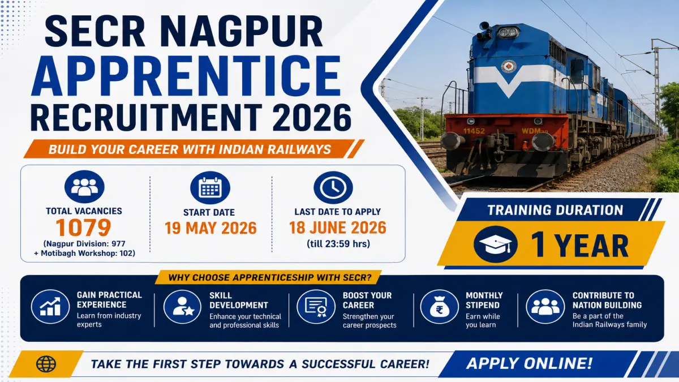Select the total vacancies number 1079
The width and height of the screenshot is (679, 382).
tap(83, 228)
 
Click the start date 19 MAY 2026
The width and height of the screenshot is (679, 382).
tap(210, 228)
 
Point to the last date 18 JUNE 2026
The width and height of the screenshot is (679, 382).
tap(338, 228)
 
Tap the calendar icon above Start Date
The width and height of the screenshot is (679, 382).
tap(210, 188)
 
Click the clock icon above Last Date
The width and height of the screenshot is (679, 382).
tap(333, 187)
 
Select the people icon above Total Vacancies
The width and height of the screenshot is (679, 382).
tap(84, 186)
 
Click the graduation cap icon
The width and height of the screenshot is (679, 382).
tap(495, 244)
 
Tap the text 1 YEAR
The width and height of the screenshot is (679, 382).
tap(579, 245)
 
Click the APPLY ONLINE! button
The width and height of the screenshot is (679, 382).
tap(529, 363)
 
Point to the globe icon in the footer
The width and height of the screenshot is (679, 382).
tap(46, 364)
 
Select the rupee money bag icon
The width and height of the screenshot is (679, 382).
tap(439, 307)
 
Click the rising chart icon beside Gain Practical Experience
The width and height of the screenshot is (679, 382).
tap(50, 307)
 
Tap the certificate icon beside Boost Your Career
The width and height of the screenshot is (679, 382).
tap(316, 307)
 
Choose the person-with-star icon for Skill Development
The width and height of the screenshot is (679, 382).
tap(182, 307)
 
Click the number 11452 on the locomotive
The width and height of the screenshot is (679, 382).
tap(474, 131)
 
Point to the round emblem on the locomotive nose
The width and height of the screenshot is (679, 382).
tap(508, 67)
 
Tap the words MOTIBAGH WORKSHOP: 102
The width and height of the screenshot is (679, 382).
tap(88, 253)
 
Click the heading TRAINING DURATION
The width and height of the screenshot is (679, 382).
tap(555, 210)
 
